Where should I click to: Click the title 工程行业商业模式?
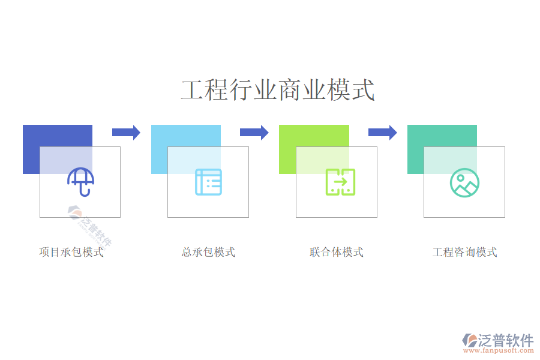pyautogui.click(x=277, y=91)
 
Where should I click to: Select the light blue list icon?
pyautogui.click(x=208, y=182)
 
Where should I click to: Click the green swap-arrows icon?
pyautogui.click(x=340, y=182)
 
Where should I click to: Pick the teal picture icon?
pyautogui.click(x=464, y=182)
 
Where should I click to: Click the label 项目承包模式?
pyautogui.click(x=71, y=252)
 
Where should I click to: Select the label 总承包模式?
pyautogui.click(x=208, y=252)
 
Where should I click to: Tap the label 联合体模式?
pyautogui.click(x=337, y=252)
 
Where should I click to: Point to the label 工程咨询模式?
pyautogui.click(x=465, y=252)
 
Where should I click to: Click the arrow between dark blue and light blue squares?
pyautogui.click(x=126, y=132)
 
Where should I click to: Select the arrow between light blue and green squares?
pyautogui.click(x=254, y=132)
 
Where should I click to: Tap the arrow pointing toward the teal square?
pyautogui.click(x=382, y=132)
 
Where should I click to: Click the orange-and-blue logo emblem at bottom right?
pyautogui.click(x=469, y=341)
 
